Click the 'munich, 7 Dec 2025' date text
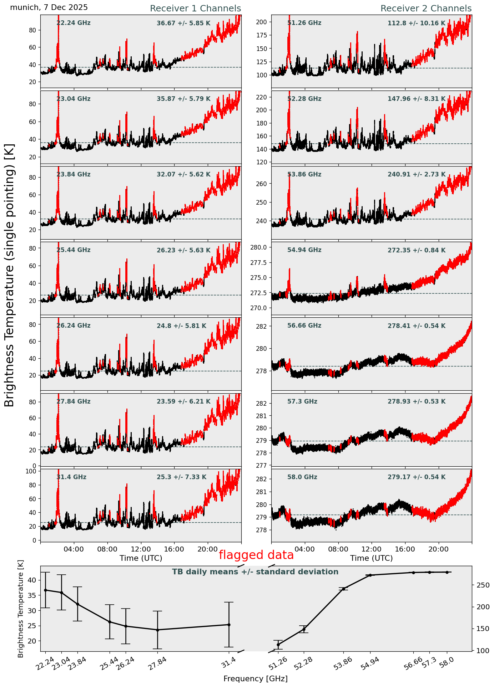[x=49, y=7]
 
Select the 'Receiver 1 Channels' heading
[x=195, y=9]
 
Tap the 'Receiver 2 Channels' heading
[x=426, y=9]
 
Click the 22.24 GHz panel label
[x=74, y=23]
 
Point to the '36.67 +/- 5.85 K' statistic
[x=183, y=24]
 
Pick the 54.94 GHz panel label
[x=304, y=250]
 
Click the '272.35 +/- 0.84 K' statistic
[x=417, y=251]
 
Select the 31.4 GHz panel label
[x=71, y=477]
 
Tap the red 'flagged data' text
[x=256, y=555]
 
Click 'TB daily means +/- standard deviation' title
[x=255, y=572]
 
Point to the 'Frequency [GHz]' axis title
[x=255, y=678]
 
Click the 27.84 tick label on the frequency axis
[x=157, y=661]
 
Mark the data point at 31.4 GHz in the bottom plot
[x=229, y=625]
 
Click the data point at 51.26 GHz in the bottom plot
[x=278, y=645]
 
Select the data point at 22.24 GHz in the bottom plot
[x=45, y=590]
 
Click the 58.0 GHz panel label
[x=302, y=477]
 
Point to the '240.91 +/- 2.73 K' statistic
[x=417, y=175]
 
